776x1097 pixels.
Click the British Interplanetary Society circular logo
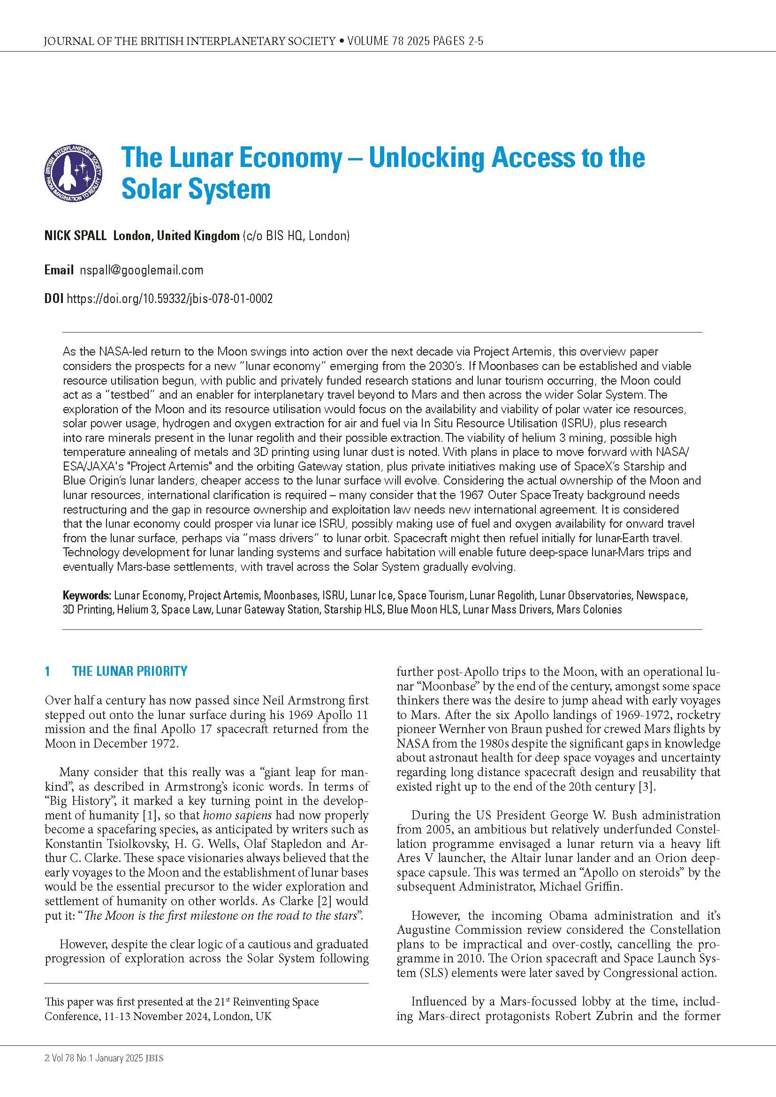(x=73, y=173)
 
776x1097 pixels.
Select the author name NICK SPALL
(x=75, y=235)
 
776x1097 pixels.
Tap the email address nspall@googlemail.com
(x=141, y=270)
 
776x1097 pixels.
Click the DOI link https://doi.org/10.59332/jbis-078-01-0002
(x=170, y=299)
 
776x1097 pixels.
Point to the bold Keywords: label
(x=86, y=595)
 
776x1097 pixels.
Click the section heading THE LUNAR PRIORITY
(x=129, y=671)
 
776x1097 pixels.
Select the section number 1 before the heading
(x=47, y=671)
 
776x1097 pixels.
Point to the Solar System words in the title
(x=196, y=189)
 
